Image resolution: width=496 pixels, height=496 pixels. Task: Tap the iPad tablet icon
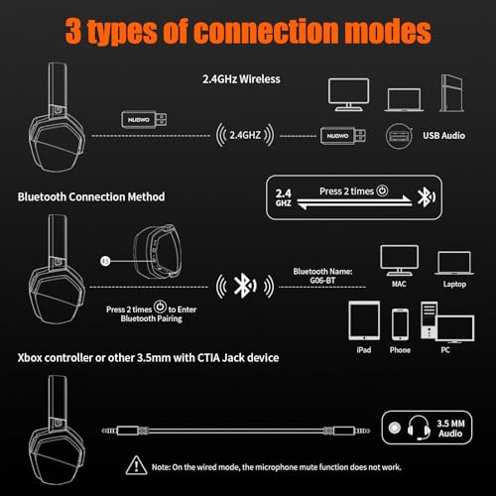pos(364,325)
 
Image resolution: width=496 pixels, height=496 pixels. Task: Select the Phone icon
pos(401,325)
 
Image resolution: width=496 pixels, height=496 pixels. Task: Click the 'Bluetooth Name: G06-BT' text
pos(319,276)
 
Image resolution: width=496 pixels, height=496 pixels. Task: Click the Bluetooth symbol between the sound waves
pos(239,287)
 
